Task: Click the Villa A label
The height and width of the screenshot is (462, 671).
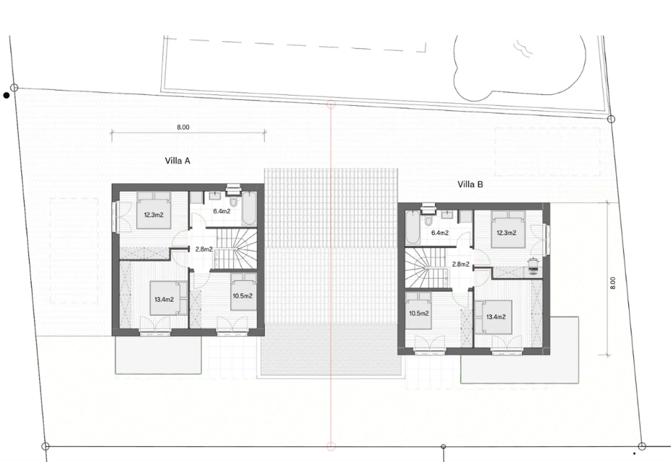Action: pos(178,161)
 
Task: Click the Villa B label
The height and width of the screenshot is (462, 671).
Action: pos(470,184)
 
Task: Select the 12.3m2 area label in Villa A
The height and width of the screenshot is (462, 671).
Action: pos(153,215)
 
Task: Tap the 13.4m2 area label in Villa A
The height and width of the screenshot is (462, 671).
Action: pos(164,299)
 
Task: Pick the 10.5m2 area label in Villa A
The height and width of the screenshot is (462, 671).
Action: pos(242,296)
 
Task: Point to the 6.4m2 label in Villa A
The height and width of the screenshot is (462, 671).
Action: pos(222,211)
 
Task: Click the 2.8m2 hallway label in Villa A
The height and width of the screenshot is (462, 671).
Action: pos(204,249)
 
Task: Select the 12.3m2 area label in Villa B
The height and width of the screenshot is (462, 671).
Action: pos(506,233)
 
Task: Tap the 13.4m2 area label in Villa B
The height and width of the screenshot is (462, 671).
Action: pos(496,317)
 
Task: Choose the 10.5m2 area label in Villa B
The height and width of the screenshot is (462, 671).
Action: pos(418,313)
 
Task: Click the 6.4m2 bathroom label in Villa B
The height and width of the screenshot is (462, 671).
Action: pos(439,233)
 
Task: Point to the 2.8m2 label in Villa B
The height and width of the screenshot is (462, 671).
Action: pos(460,264)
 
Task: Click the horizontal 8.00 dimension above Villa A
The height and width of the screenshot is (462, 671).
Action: pos(183,127)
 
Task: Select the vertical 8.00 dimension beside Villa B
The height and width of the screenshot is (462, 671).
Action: pos(613,283)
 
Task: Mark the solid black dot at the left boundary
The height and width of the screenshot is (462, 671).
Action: pos(6,95)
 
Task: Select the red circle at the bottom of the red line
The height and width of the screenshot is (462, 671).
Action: pos(331,447)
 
